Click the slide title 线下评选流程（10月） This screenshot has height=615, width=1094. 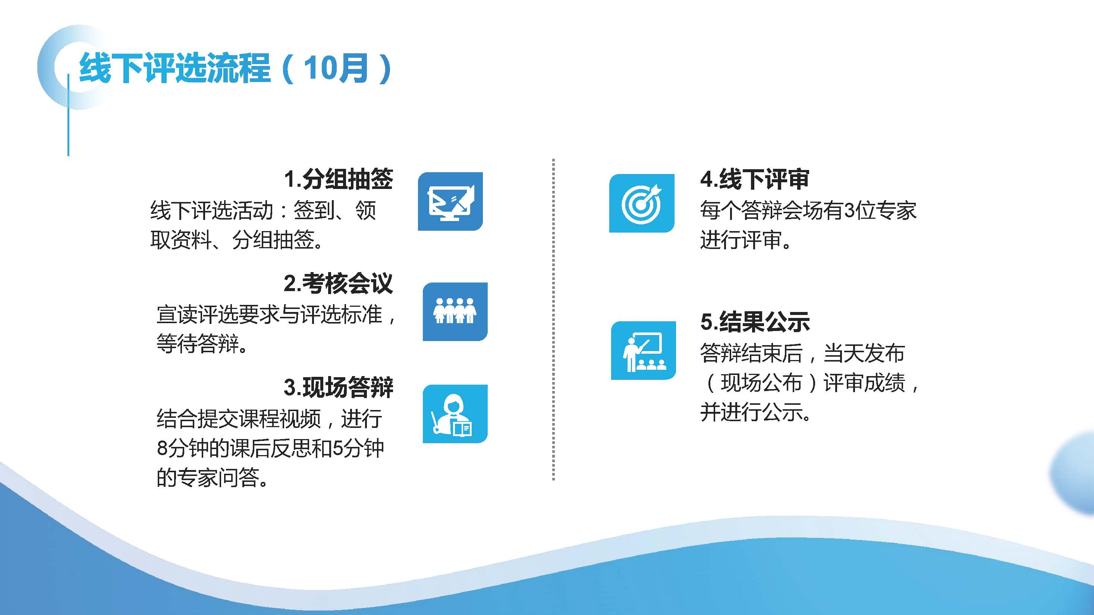pyautogui.click(x=235, y=68)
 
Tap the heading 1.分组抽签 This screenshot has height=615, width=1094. pyautogui.click(x=339, y=179)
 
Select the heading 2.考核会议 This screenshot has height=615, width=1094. pyautogui.click(x=339, y=283)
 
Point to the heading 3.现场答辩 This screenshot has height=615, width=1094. pyautogui.click(x=339, y=387)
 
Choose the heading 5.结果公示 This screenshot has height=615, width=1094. pyautogui.click(x=755, y=322)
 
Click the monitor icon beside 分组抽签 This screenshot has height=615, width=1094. pyautogui.click(x=450, y=201)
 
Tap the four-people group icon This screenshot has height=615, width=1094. pyautogui.click(x=455, y=312)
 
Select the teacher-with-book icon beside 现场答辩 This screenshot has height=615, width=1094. pyautogui.click(x=455, y=414)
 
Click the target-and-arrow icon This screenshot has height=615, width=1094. pyautogui.click(x=642, y=203)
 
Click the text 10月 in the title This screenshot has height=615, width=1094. pyautogui.click(x=336, y=68)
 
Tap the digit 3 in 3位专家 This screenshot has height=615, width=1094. pyautogui.click(x=849, y=211)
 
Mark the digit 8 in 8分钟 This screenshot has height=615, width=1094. pyautogui.click(x=163, y=448)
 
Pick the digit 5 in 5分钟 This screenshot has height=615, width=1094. pyautogui.click(x=337, y=448)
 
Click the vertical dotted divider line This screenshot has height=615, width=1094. pyautogui.click(x=553, y=319)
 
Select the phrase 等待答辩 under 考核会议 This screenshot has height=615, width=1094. pyautogui.click(x=198, y=343)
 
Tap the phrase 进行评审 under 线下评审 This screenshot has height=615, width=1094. pyautogui.click(x=741, y=240)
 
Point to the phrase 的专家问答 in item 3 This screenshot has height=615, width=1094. pyautogui.click(x=208, y=477)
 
